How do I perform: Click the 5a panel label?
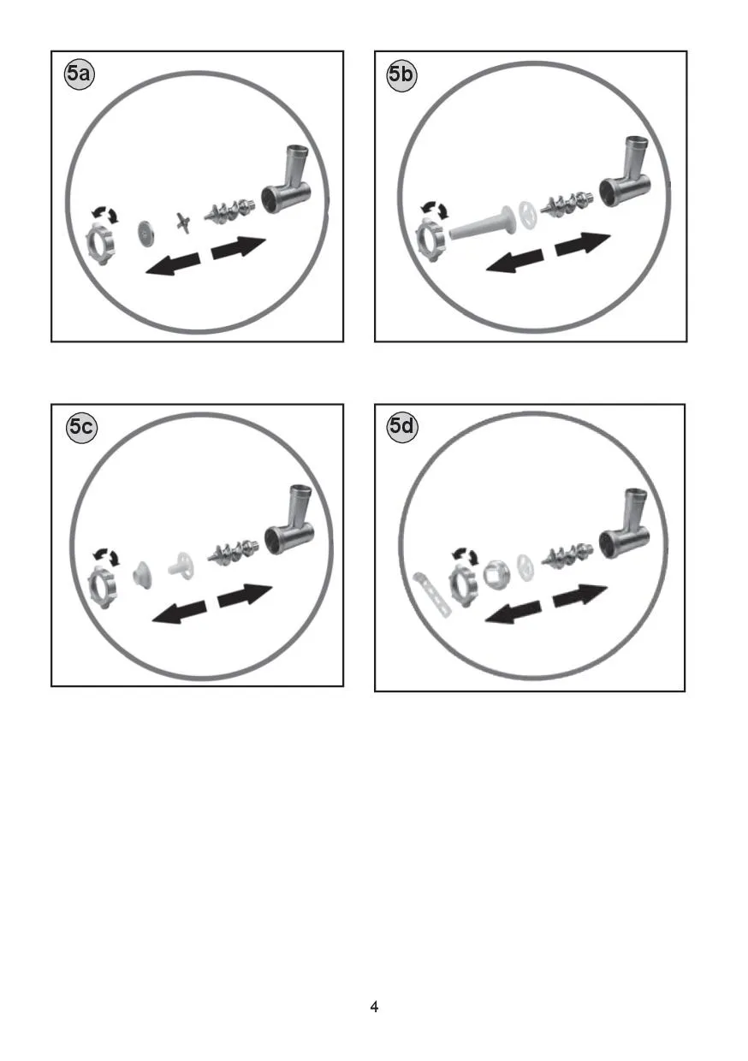[x=79, y=74]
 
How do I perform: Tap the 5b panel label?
[x=401, y=75]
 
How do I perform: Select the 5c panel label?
[x=81, y=428]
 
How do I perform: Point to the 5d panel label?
[x=402, y=427]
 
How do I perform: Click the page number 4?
[x=374, y=1006]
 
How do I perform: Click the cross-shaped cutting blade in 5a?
[x=182, y=222]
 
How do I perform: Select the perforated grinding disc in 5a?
[x=145, y=233]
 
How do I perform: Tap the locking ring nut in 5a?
[x=99, y=244]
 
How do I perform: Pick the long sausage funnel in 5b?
[x=481, y=223]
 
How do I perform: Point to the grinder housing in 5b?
[x=626, y=175]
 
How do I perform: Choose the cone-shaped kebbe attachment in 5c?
[x=140, y=576]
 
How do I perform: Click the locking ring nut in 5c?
[x=104, y=587]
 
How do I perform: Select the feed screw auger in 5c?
[x=234, y=552]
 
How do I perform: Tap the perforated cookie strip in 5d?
[x=430, y=595]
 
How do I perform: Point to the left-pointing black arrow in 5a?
[x=172, y=264]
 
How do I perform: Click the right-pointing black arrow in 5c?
[x=245, y=596]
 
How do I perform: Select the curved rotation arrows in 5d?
[x=465, y=555]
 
